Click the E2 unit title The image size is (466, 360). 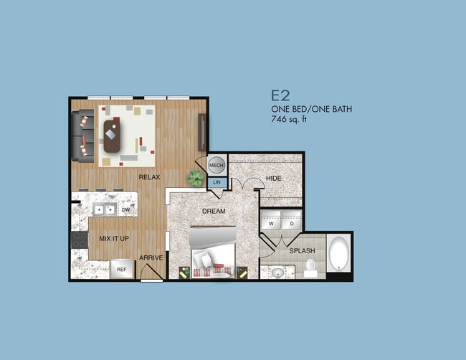(280, 95)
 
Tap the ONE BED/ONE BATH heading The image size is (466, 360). (311, 110)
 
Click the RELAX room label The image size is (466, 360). (149, 176)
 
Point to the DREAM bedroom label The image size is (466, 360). (214, 212)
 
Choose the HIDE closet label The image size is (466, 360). (274, 178)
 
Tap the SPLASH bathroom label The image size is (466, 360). (302, 251)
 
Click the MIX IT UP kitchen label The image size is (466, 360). (115, 237)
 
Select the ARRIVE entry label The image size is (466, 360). (150, 258)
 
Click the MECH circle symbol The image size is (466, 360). (217, 166)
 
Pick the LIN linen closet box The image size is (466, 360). (217, 184)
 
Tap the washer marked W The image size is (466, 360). (271, 222)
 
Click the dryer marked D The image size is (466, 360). (292, 222)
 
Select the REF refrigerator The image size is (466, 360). (122, 270)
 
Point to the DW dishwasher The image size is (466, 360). (125, 210)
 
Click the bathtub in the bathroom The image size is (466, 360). (339, 255)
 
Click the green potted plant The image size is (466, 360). (194, 179)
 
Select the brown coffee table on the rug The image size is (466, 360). (113, 136)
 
